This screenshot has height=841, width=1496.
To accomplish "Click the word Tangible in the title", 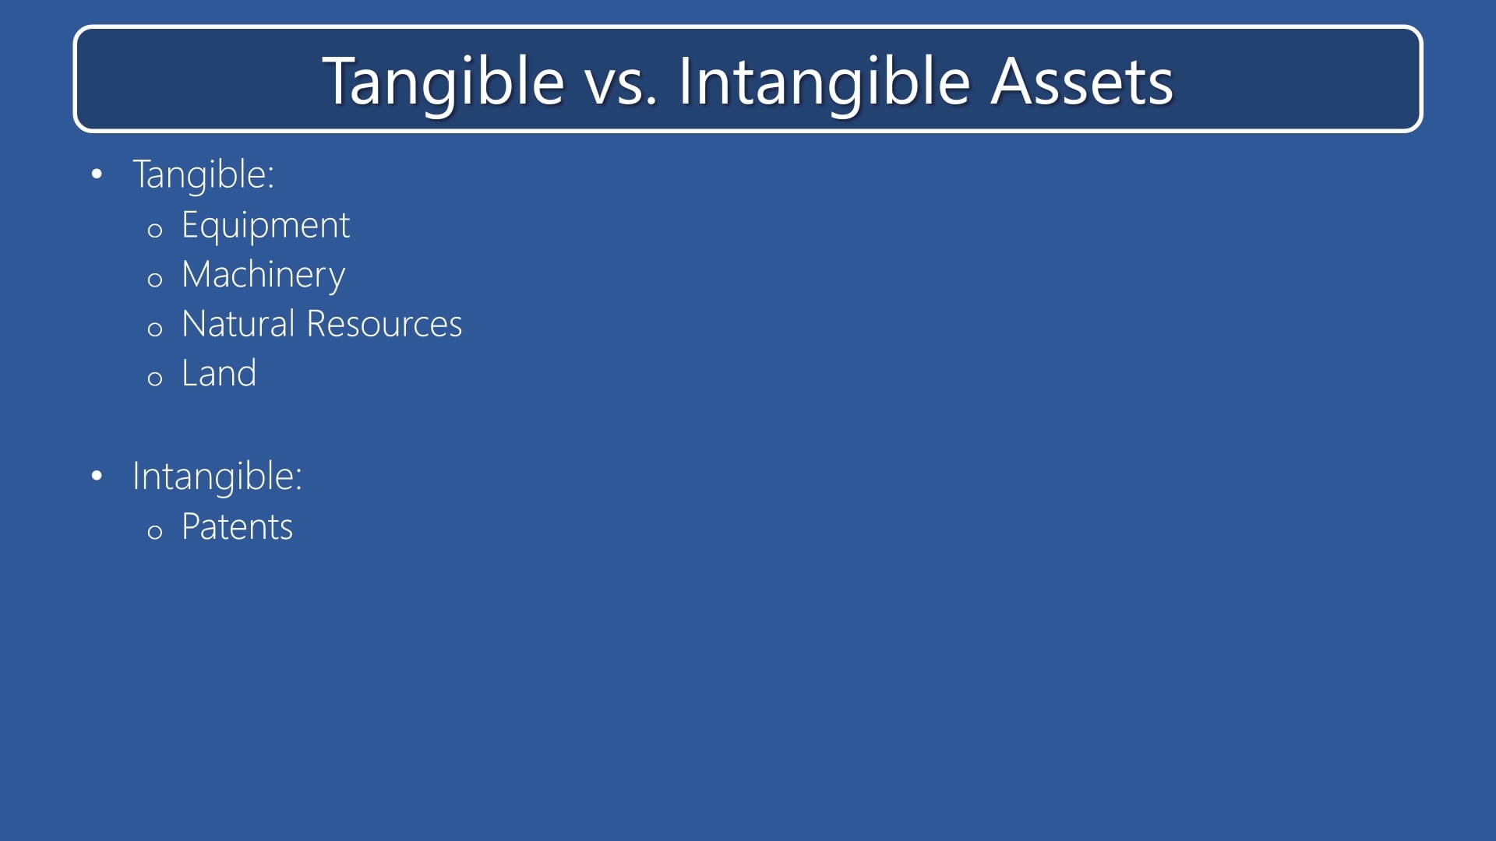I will pos(443,82).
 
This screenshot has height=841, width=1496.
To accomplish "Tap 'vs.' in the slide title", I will pos(621,82).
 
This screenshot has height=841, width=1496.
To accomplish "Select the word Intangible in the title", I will pos(824,82).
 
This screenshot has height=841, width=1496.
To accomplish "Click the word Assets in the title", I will pos(1081,82).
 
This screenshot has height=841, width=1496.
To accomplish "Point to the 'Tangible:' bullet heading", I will pos(203,174).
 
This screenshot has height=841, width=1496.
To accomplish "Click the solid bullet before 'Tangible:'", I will pos(97,174).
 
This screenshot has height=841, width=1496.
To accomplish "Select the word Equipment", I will pos(265,226).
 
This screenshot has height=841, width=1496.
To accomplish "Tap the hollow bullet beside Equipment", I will pos(155,230).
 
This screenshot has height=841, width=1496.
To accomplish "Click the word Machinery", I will pos(263,275).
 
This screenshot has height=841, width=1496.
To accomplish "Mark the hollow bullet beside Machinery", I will pos(155,280).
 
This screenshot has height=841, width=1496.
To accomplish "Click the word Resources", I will pos(384,324).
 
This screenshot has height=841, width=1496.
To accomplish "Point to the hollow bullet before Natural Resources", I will pos(155,329).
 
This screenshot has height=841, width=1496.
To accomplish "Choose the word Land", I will pos(219,374).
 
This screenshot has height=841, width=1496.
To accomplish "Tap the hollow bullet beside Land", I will pos(155,378).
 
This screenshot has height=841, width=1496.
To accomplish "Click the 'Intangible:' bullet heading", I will pos(217,477).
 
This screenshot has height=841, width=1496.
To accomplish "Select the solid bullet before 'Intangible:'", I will pos(97,475).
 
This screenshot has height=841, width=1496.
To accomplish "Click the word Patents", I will pos(237,527).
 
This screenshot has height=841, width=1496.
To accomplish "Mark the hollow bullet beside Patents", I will pos(155,532).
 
